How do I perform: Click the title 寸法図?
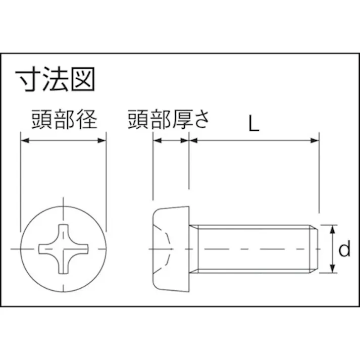pos(55,79)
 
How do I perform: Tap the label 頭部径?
pos(65,119)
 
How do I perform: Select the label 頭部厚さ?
pos(168,119)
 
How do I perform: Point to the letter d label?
pos(344,248)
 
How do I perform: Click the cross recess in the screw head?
pos(64,249)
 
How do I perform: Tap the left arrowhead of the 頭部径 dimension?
pos(25,140)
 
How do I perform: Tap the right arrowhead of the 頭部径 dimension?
pos(102,140)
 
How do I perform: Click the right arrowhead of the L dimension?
pos(315,140)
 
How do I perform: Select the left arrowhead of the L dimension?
pos(193,140)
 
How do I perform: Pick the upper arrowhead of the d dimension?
pos(332,229)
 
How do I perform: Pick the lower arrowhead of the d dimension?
pos(332,269)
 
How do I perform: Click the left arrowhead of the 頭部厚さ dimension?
pos(157,140)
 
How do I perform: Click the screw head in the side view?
pos(171,249)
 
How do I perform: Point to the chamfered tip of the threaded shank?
pos(314,249)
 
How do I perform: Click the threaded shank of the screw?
pos(253,249)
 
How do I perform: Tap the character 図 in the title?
pos(83,79)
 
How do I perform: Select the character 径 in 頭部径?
pos(87,119)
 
